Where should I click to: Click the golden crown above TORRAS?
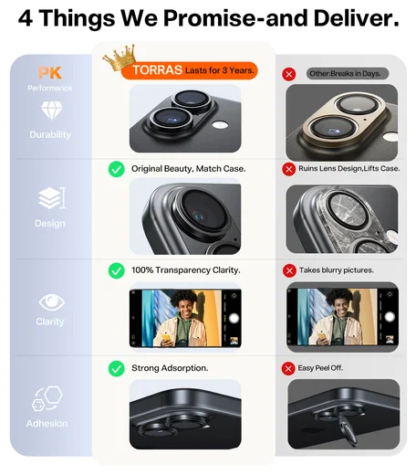click(x=120, y=58)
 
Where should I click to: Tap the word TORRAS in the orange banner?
click(x=157, y=70)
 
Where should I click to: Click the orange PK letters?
click(x=50, y=73)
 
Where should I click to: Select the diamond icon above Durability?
click(x=51, y=110)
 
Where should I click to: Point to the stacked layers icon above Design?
click(x=52, y=198)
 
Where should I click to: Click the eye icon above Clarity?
click(x=52, y=302)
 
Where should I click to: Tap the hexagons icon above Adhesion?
click(x=47, y=398)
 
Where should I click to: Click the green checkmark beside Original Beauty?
click(x=117, y=169)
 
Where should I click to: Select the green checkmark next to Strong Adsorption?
click(x=117, y=368)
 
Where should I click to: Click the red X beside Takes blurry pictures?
click(x=289, y=270)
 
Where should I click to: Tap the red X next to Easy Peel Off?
click(x=288, y=369)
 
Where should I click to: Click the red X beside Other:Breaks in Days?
click(x=289, y=74)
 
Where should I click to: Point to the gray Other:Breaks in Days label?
click(x=348, y=74)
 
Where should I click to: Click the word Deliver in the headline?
click(x=356, y=18)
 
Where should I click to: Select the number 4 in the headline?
click(x=26, y=18)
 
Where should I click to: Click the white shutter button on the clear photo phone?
click(x=234, y=319)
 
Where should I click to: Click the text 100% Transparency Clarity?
click(x=186, y=270)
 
